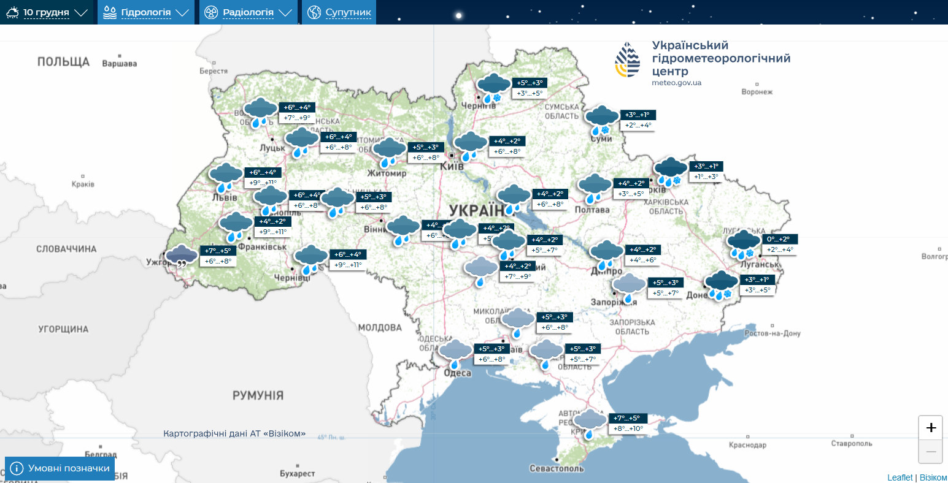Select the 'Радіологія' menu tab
coord(248,12)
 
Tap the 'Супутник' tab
coord(339,12)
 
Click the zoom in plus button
coord(930,427)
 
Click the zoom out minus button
coord(930,452)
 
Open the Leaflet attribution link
coord(900,477)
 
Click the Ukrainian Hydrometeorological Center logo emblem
coord(628,60)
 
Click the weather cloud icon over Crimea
coord(590,423)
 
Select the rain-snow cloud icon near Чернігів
coord(493,88)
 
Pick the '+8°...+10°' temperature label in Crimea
coord(628,428)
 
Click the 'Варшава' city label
coord(119,64)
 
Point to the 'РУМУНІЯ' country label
coord(258,395)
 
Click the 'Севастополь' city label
coord(557,468)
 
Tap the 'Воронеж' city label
coord(757,92)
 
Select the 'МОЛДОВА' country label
coord(380,328)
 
